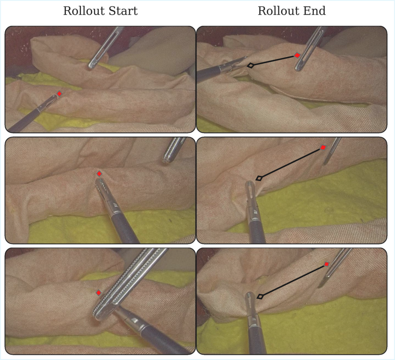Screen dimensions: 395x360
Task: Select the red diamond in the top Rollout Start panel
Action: pos(59,93)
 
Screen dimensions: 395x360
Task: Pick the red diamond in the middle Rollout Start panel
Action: pos(99,174)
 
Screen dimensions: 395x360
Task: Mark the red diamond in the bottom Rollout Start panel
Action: pos(99,293)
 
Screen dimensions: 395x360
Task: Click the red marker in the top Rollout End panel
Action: pos(297,55)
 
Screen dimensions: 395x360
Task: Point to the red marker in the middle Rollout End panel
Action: pos(323,147)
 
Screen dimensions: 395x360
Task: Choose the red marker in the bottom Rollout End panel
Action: pos(327,264)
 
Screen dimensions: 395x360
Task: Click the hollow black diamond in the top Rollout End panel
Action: pos(250,65)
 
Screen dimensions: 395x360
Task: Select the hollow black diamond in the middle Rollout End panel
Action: pos(259,178)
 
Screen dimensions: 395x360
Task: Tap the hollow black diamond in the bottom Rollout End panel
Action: pos(260,297)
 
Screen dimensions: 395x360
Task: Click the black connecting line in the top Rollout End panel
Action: pos(274,61)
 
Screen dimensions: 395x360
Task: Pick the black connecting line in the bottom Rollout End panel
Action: pos(294,280)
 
